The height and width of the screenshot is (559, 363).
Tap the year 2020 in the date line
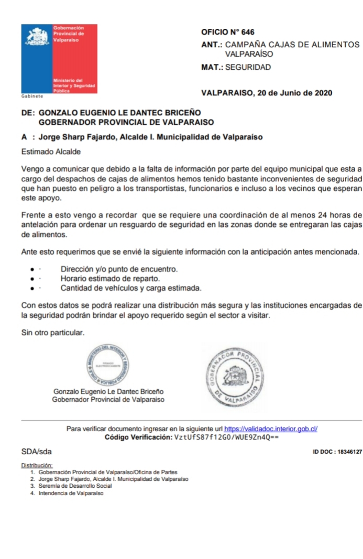[322, 93]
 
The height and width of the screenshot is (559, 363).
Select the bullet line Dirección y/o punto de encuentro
[119, 269]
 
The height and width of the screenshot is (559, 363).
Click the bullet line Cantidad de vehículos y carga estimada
[130, 288]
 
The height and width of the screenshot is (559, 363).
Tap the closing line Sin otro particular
[52, 332]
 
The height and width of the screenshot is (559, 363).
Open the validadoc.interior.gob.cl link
[271, 429]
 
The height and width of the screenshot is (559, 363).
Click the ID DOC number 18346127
[348, 452]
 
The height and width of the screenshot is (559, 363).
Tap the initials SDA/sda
[36, 451]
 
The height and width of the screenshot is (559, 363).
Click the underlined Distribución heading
[37, 465]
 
